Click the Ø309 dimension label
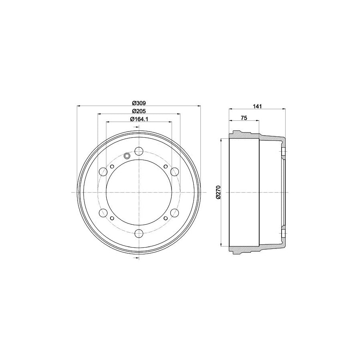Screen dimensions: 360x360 coord(138,102)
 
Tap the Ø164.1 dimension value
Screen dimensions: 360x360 coord(139,119)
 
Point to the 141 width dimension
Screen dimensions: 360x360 coord(258,106)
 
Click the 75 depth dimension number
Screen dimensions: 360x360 coord(244,118)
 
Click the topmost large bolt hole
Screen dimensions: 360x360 coord(139,151)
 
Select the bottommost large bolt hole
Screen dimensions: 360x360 coord(139,234)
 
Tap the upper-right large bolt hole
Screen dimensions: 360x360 coord(174,172)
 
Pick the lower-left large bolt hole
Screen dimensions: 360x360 coord(103,213)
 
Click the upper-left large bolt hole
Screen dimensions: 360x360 coord(103,172)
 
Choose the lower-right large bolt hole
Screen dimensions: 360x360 coord(174,213)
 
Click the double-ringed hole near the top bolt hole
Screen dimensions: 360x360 coord(127,156)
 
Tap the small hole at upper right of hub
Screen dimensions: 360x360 coord(165,166)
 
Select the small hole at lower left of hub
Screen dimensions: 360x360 coord(112,218)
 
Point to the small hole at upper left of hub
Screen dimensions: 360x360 coord(112,166)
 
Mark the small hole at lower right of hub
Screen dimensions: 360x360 coord(165,218)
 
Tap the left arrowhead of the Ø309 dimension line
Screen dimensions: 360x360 coord(78,106)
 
